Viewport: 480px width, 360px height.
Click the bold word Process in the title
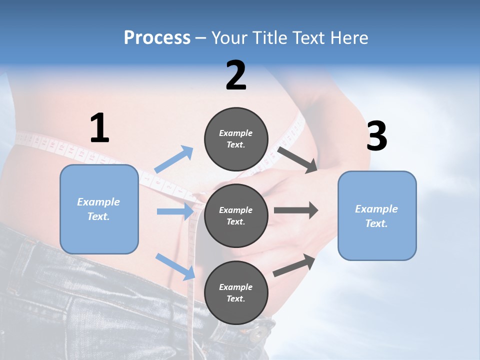[157, 37]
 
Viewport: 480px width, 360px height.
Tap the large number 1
[99, 128]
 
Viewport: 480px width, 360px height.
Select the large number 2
[236, 75]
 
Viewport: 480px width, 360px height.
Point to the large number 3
[376, 136]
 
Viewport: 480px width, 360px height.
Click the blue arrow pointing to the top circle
[173, 159]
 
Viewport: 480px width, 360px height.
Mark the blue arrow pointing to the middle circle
[175, 211]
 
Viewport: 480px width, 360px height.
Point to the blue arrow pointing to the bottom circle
[175, 266]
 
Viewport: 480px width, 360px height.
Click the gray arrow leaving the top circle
[298, 159]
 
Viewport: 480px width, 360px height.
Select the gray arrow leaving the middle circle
[295, 210]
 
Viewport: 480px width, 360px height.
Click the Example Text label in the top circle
[236, 139]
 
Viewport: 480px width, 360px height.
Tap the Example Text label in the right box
[376, 216]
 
